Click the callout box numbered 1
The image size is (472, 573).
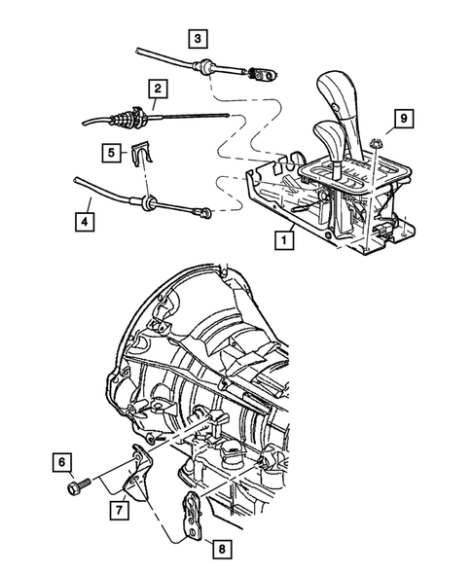coord(284,236)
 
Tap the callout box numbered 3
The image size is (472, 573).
coord(199,39)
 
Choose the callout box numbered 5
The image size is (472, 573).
coord(113,152)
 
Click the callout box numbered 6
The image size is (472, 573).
coord(60,461)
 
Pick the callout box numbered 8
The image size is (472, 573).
coord(222,550)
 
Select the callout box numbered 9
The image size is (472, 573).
coord(402,122)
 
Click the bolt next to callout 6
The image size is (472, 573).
coord(85,482)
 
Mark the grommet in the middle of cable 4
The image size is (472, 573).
coord(148,203)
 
